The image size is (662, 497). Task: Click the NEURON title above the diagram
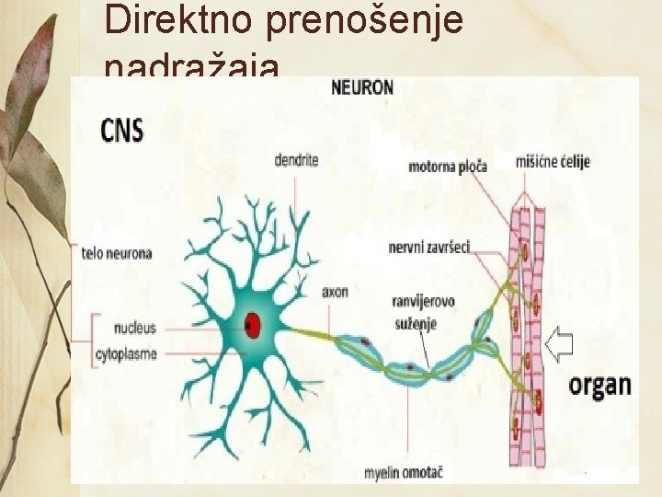click(361, 88)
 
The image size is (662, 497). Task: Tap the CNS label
click(122, 130)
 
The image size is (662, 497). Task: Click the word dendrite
click(296, 160)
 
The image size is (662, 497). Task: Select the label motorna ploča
click(447, 167)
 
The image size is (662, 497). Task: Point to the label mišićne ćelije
click(553, 162)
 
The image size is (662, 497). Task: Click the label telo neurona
click(117, 253)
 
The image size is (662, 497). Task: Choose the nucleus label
click(135, 327)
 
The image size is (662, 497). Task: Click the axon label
click(335, 292)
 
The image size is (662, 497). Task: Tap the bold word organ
click(599, 384)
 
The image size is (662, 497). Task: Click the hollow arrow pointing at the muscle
click(558, 344)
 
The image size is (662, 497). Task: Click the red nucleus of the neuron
click(253, 324)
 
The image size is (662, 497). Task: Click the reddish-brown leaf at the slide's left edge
click(30, 83)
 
